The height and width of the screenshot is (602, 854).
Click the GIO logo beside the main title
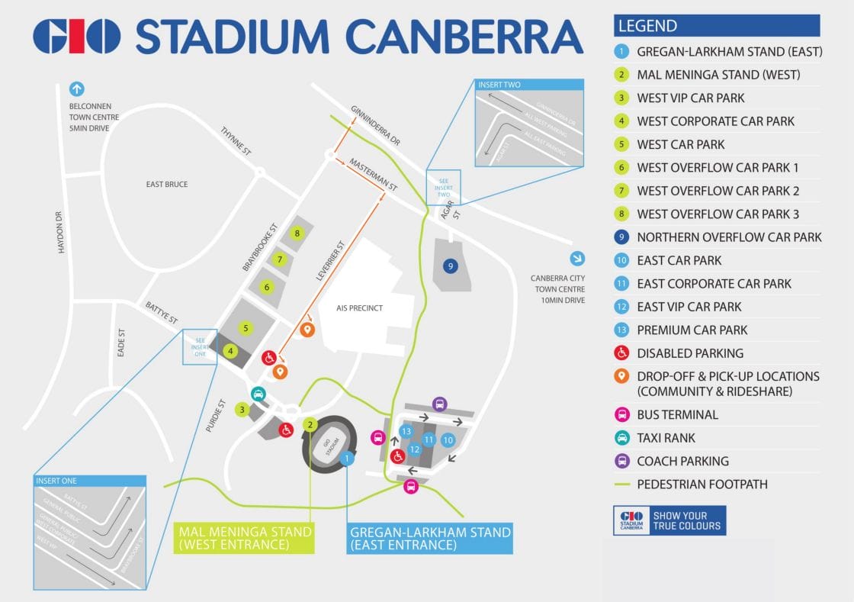[x=76, y=37]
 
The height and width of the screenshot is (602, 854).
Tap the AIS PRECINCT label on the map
[x=359, y=307]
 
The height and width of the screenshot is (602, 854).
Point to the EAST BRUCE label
[x=166, y=185]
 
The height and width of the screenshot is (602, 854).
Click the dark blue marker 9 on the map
[x=451, y=266]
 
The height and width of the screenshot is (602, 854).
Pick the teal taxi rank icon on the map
[x=258, y=394]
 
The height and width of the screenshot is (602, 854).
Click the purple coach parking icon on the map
[x=439, y=404]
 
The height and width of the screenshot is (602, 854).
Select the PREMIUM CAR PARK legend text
[x=692, y=330]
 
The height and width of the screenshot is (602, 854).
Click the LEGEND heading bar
[x=716, y=25]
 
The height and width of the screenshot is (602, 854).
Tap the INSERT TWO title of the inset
[x=499, y=85]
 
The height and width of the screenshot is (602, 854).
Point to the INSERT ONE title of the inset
[x=56, y=481]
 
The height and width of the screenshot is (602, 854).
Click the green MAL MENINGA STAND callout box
[x=245, y=538]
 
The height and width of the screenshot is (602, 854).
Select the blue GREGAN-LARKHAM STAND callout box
[x=429, y=538]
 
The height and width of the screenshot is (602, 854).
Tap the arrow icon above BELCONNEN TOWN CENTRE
[x=76, y=89]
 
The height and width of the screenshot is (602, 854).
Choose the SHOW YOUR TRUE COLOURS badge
[x=669, y=520]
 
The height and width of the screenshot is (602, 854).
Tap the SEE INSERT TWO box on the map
[x=442, y=187]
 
